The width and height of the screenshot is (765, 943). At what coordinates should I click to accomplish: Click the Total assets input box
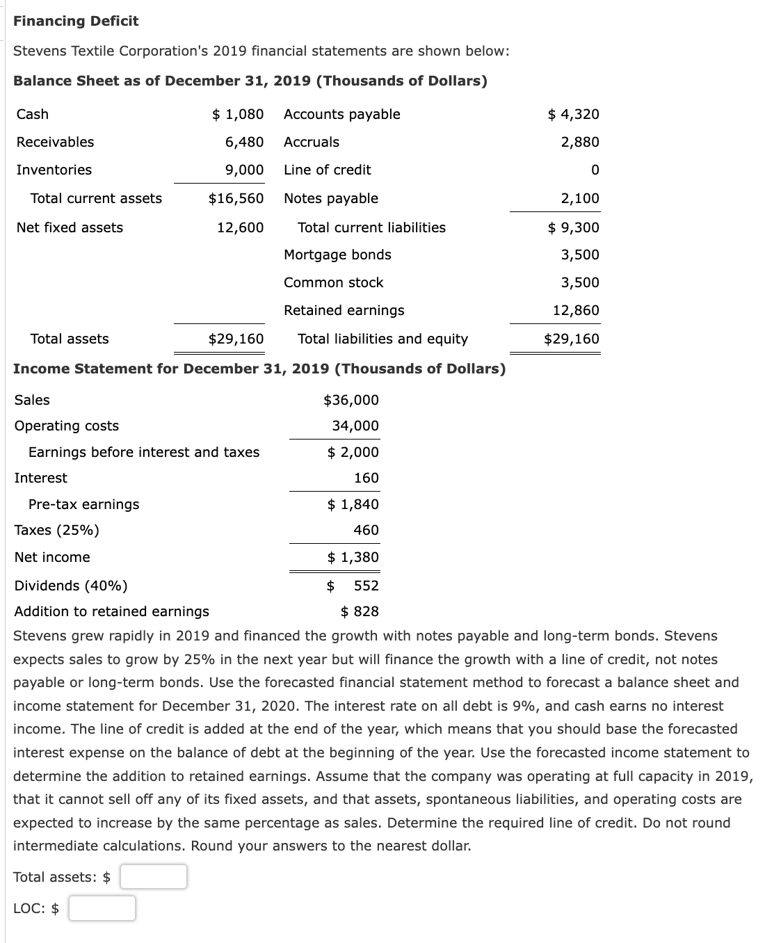(x=153, y=877)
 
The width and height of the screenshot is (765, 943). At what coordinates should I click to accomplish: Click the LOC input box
(x=102, y=908)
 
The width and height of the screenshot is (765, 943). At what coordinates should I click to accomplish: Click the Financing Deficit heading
(x=76, y=21)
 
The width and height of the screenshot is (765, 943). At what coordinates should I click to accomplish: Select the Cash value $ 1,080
(x=238, y=114)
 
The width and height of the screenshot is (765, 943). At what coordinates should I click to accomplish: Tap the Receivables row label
(x=55, y=142)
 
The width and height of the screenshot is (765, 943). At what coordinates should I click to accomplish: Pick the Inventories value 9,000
(x=244, y=170)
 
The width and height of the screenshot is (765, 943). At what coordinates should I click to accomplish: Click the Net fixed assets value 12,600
(x=241, y=227)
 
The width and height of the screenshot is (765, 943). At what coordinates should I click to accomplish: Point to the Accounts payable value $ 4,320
(x=574, y=114)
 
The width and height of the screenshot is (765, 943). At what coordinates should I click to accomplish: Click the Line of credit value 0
(x=595, y=170)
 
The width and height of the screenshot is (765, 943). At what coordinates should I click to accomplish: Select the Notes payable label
(x=331, y=198)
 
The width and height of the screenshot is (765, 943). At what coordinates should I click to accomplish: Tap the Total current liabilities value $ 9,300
(x=574, y=227)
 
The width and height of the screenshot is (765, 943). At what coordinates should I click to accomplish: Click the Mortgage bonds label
(x=337, y=255)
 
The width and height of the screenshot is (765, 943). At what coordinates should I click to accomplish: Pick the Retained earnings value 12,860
(x=576, y=310)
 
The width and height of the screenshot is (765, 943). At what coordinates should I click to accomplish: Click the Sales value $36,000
(x=351, y=400)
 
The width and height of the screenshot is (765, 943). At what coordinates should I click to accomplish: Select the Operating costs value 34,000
(x=355, y=426)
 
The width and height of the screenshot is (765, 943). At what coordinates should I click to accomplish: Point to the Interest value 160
(x=367, y=478)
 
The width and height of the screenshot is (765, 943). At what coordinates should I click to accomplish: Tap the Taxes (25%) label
(x=57, y=530)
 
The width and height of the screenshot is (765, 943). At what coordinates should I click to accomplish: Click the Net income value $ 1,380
(x=353, y=557)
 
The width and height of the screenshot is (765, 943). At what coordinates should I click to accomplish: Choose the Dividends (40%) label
(x=71, y=586)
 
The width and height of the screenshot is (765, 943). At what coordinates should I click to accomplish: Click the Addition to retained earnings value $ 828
(x=360, y=611)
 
